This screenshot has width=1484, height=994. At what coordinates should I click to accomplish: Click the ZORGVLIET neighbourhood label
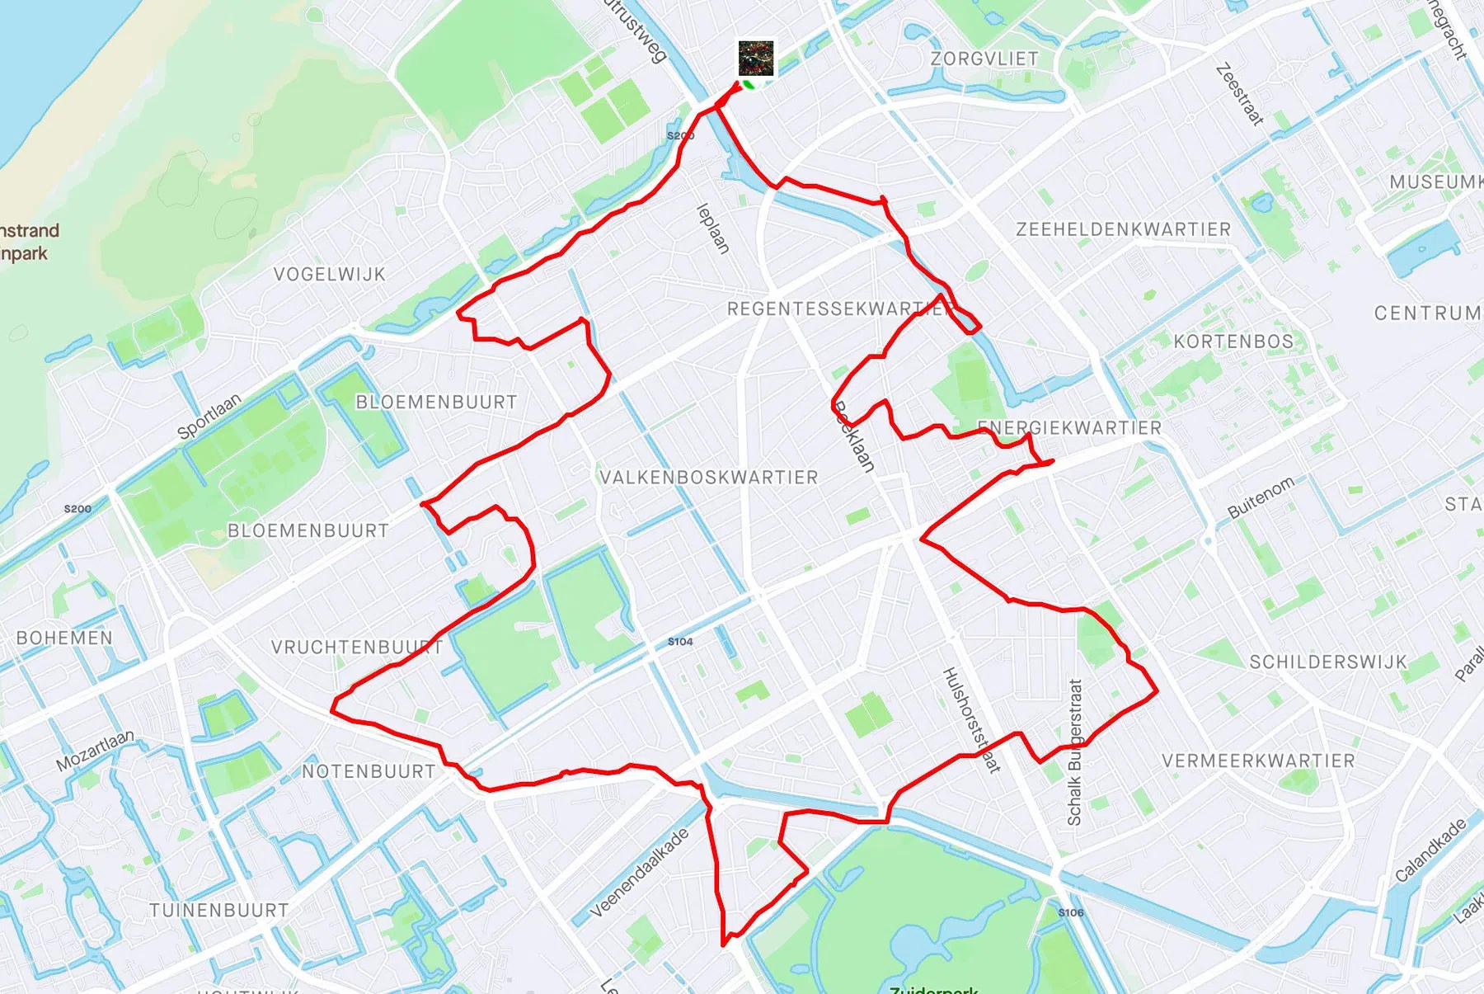(x=984, y=59)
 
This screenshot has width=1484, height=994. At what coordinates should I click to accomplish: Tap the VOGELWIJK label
(x=329, y=274)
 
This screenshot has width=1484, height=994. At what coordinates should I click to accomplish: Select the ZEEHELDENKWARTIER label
(x=1123, y=229)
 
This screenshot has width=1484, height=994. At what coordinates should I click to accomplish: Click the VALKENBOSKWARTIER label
(x=708, y=477)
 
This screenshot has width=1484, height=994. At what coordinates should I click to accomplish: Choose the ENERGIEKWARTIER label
(x=1068, y=427)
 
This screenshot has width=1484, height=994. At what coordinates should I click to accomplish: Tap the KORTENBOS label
(x=1233, y=341)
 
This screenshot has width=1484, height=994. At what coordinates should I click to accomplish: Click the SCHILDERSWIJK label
(x=1327, y=662)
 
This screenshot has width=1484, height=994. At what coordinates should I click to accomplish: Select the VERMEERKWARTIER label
(x=1258, y=760)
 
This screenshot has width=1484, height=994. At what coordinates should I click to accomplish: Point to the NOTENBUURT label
(x=368, y=771)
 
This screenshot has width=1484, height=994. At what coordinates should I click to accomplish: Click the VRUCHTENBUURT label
(x=356, y=647)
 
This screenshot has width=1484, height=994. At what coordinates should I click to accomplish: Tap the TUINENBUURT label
(x=218, y=910)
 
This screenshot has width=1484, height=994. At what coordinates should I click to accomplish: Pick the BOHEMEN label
(x=64, y=638)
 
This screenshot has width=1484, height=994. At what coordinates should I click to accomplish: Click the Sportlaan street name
(x=209, y=415)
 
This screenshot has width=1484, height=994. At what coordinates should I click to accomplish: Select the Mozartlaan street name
(x=94, y=750)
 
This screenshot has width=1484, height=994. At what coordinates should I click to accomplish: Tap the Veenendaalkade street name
(x=639, y=873)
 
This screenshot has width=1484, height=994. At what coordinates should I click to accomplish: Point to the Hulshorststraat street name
(x=971, y=719)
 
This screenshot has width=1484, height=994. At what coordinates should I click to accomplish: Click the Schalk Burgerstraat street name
(x=1074, y=751)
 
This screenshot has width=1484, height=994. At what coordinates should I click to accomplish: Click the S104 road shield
(x=680, y=641)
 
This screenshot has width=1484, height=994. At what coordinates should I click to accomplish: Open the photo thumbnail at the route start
(x=755, y=58)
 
